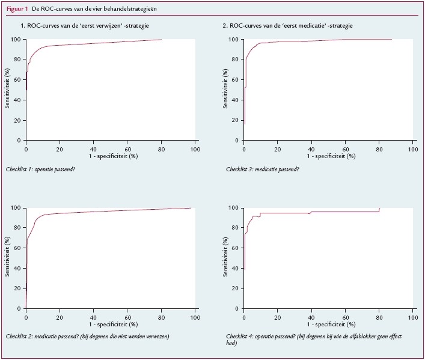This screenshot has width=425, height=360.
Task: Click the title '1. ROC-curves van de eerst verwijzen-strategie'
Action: point(85,27)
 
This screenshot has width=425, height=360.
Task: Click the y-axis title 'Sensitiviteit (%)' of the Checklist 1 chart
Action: point(7,90)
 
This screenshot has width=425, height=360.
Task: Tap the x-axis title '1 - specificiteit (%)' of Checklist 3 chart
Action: point(330,156)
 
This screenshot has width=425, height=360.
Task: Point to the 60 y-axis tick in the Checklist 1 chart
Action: point(19,80)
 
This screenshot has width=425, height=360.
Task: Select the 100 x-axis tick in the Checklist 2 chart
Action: point(194,316)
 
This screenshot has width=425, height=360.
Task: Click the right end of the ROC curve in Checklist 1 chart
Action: point(161,40)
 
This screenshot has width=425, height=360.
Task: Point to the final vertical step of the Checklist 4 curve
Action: point(379,210)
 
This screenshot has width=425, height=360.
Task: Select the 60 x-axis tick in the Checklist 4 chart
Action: point(345,316)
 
